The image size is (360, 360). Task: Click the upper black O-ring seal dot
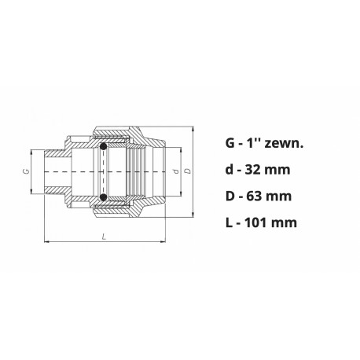pyautogui.click(x=103, y=146)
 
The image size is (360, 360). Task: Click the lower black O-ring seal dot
pyautogui.click(x=103, y=197)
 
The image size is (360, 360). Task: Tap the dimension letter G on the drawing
pyautogui.click(x=26, y=171)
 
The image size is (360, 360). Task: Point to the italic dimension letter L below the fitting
pyautogui.click(x=105, y=237)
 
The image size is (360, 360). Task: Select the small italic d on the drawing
pyautogui.click(x=177, y=171)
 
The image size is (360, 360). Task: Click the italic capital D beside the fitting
pyautogui.click(x=188, y=171)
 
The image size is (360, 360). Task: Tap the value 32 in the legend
pyautogui.click(x=253, y=170)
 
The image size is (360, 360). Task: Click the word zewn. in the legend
pyautogui.click(x=284, y=144)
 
